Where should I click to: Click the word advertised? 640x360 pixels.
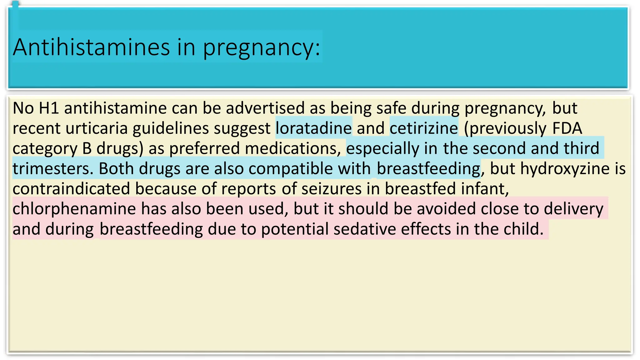pyautogui.click(x=265, y=108)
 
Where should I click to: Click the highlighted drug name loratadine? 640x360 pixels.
pyautogui.click(x=313, y=128)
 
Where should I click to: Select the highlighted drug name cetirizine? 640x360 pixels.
pyautogui.click(x=424, y=128)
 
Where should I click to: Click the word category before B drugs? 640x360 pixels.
pyautogui.click(x=45, y=149)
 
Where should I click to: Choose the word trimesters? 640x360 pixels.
pyautogui.click(x=53, y=169)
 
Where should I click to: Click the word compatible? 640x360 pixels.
pyautogui.click(x=291, y=169)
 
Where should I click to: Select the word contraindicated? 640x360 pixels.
pyautogui.click(x=71, y=189)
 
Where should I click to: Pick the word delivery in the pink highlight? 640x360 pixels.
pyautogui.click(x=573, y=209)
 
